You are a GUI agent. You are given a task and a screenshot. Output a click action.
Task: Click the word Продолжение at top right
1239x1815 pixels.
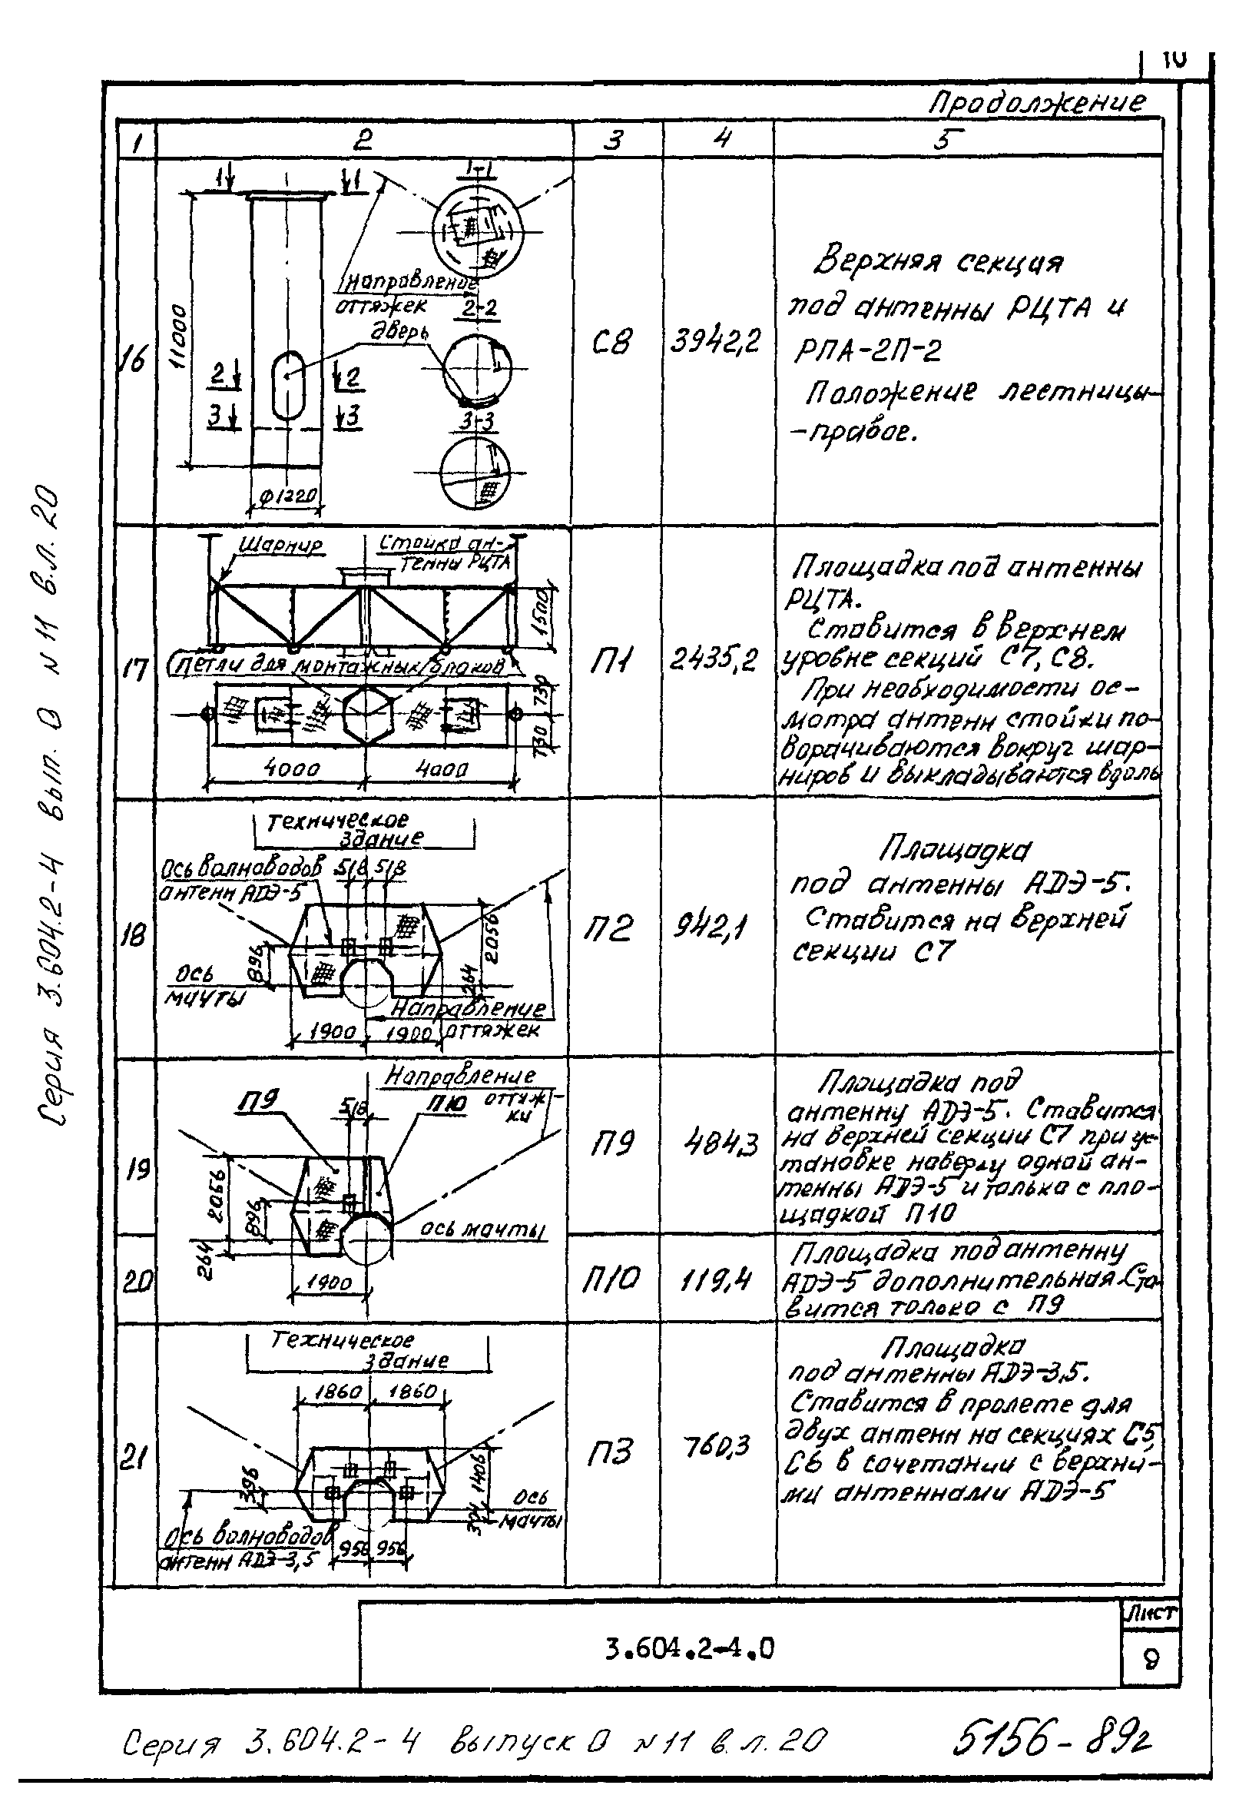click(x=1037, y=102)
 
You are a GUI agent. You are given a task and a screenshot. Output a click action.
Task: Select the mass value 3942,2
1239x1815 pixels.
click(x=714, y=342)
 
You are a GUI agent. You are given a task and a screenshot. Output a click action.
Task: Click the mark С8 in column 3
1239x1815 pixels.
click(x=611, y=342)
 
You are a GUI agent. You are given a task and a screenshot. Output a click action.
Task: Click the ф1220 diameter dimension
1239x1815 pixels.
click(x=287, y=496)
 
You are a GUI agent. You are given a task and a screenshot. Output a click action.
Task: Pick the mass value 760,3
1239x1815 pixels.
click(x=716, y=1446)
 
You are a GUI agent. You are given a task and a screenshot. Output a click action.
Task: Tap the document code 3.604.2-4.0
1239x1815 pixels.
click(x=689, y=1649)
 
